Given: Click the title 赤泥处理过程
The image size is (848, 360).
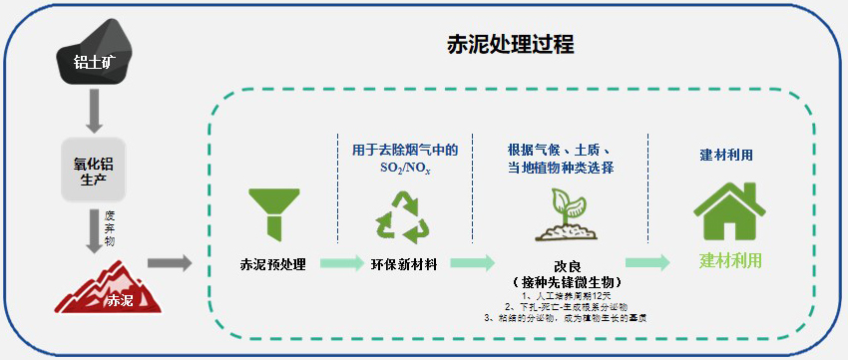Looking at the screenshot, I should point(511,46).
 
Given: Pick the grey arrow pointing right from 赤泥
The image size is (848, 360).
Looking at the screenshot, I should point(170,263).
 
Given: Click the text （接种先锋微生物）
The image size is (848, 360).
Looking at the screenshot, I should point(567,283).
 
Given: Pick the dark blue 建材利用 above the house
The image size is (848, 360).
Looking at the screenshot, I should point(726,156).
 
